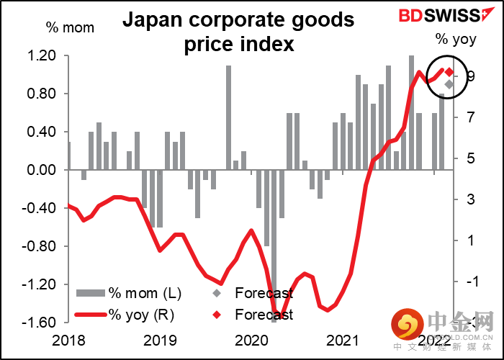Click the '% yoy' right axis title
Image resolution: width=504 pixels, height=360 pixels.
tap(455, 39)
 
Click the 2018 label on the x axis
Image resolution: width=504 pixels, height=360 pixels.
tap(68, 341)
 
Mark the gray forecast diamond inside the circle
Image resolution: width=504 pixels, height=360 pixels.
tap(449, 85)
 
